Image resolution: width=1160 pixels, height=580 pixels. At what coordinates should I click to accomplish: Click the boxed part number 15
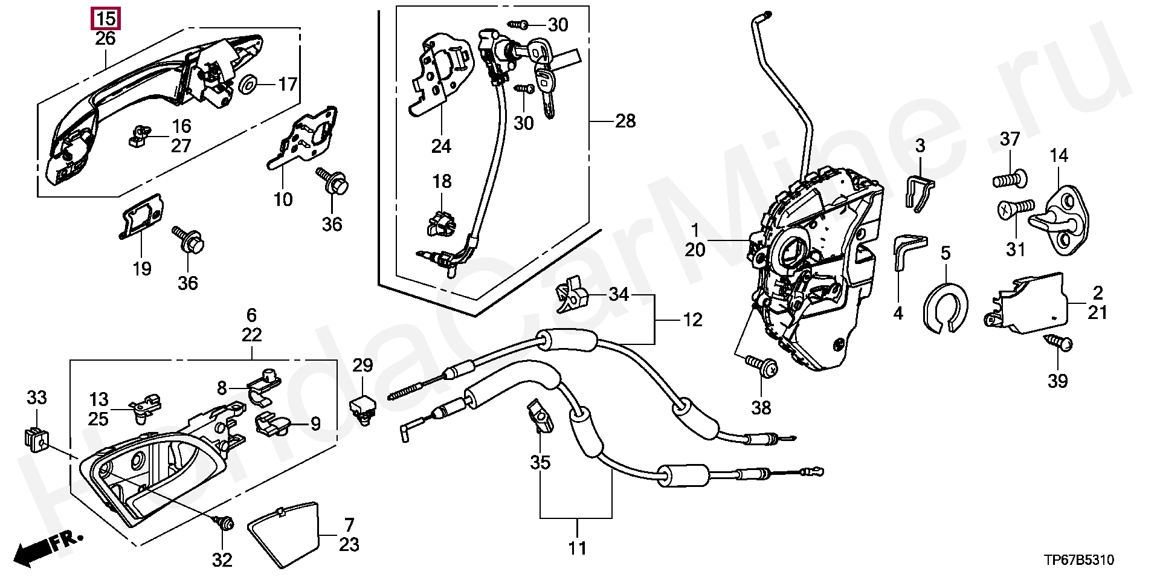pyautogui.click(x=106, y=19)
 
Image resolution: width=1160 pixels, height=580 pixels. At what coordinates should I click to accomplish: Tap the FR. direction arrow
pyautogui.click(x=49, y=547)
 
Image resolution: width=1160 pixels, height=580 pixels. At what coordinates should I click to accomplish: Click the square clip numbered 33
pyautogui.click(x=36, y=440)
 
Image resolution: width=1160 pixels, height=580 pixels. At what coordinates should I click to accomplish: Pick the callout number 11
pyautogui.click(x=577, y=549)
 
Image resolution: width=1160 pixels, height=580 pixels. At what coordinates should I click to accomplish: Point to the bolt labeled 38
pyautogui.click(x=761, y=364)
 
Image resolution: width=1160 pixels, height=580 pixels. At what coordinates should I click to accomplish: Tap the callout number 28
pyautogui.click(x=625, y=121)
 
